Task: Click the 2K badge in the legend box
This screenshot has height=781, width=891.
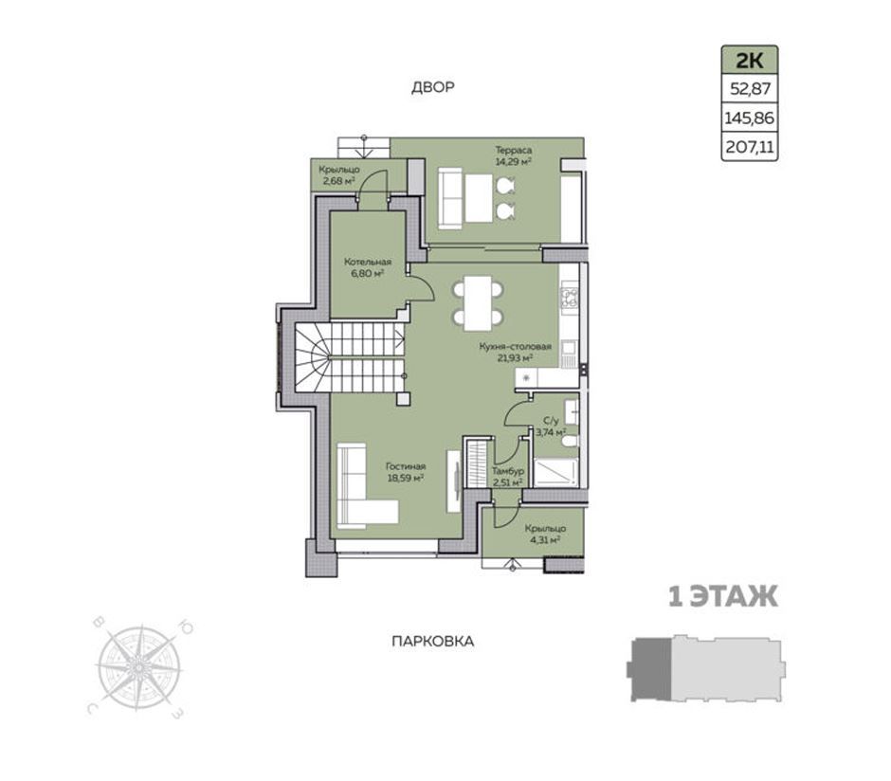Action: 750,60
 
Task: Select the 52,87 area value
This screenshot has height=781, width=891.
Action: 750,89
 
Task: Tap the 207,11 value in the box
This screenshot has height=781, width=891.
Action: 750,148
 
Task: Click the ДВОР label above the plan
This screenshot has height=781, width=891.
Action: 433,87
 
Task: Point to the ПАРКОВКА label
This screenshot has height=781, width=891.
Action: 433,642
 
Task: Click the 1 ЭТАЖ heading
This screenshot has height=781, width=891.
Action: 723,597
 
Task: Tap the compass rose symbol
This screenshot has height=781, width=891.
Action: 138,667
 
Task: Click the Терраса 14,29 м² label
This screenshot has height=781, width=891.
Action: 513,155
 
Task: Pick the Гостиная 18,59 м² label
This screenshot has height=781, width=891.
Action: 407,472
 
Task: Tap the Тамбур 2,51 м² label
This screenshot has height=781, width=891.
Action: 507,477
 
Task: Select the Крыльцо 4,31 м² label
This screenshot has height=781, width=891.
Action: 546,534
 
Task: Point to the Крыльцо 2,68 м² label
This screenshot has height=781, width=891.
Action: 338,175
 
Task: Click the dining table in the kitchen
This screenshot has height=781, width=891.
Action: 478,303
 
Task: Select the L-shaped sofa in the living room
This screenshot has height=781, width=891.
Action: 367,485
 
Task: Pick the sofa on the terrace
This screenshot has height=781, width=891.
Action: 450,199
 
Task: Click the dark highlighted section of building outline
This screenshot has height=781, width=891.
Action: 651,669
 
